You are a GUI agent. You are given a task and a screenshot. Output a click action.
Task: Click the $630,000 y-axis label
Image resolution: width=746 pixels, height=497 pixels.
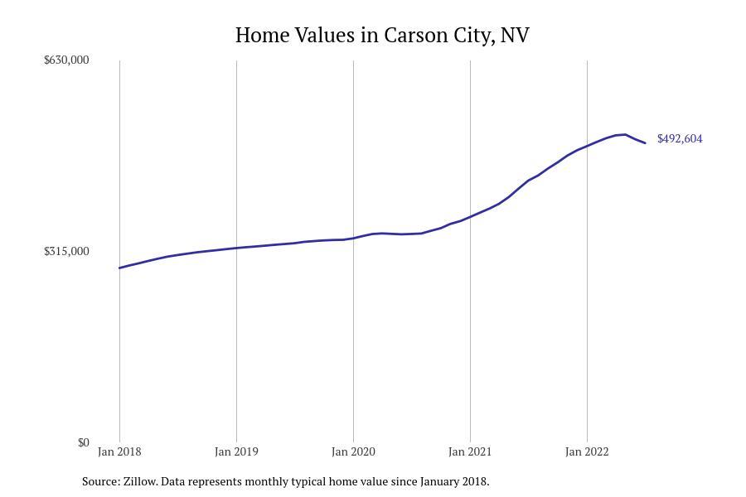tap(66, 60)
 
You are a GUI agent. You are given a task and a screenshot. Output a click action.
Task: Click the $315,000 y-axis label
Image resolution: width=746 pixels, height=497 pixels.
tap(66, 251)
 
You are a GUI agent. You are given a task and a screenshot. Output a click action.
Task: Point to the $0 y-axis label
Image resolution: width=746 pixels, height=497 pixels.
tap(83, 442)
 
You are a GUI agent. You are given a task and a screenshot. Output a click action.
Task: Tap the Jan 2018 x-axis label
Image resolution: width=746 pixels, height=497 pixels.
tap(119, 451)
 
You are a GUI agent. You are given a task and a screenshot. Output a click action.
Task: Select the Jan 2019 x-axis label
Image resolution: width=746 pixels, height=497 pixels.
tap(236, 451)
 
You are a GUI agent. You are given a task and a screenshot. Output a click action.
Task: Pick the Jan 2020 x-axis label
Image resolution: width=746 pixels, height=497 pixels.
tap(353, 451)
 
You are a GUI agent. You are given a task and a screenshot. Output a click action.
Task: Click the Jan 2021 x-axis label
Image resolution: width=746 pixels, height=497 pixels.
tap(470, 451)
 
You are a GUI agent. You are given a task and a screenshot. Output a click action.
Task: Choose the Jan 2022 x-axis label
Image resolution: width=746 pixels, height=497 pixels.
tap(587, 451)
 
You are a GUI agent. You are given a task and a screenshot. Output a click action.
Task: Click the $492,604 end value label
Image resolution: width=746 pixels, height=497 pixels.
tap(680, 138)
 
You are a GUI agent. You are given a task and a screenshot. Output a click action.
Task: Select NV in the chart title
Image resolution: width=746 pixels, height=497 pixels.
tap(515, 35)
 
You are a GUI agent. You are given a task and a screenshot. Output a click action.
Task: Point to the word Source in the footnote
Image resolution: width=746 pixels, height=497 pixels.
tap(100, 481)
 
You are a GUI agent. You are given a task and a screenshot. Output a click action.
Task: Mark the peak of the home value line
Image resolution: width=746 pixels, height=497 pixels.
tap(625, 134)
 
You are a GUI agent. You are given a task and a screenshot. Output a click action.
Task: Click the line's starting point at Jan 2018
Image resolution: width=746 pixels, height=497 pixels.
tap(119, 268)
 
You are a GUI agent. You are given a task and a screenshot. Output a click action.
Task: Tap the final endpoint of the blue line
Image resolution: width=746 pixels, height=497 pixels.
tap(645, 143)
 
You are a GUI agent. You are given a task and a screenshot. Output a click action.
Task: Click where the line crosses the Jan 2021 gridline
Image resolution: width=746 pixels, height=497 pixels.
tap(470, 217)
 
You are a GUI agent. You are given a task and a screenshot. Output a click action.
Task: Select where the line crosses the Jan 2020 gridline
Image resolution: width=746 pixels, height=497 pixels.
tap(353, 238)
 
